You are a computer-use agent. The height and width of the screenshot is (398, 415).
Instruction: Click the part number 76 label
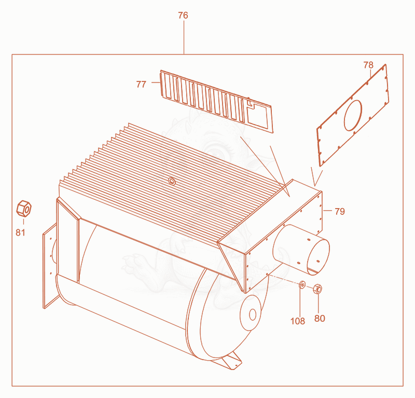(x=183, y=16)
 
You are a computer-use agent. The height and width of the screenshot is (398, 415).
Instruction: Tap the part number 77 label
(x=141, y=84)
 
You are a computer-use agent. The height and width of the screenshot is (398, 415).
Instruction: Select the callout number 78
(x=368, y=65)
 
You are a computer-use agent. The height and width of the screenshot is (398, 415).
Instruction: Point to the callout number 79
(x=340, y=211)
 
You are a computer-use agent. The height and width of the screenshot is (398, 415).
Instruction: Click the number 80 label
(x=320, y=318)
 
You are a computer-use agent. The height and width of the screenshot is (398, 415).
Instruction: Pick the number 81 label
(x=20, y=232)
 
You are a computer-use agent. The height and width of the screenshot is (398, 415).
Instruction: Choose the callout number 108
(x=298, y=321)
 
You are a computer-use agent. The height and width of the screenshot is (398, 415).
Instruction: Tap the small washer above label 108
(x=302, y=285)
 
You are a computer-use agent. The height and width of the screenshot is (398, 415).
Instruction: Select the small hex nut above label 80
(x=317, y=289)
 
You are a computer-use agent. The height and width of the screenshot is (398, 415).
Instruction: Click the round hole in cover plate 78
(x=353, y=115)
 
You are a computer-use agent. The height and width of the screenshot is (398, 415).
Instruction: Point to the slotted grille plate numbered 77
(x=216, y=101)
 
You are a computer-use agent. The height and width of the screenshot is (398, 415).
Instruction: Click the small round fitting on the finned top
(x=172, y=181)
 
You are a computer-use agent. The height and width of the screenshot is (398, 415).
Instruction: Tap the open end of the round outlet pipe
(x=319, y=256)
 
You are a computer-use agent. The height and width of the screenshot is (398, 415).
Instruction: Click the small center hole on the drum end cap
(x=253, y=314)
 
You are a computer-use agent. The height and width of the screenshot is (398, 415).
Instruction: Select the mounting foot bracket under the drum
(x=231, y=362)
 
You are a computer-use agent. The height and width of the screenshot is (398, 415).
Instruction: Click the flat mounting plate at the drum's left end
(x=50, y=266)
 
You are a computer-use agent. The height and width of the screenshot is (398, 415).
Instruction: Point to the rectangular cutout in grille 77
(x=257, y=114)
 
